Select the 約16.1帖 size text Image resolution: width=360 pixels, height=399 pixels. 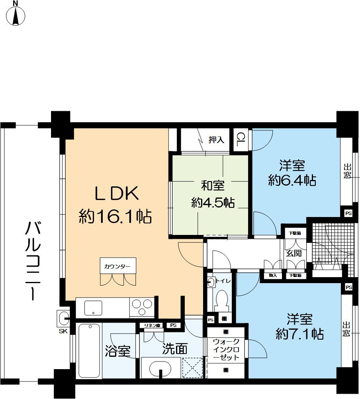coord(115,216)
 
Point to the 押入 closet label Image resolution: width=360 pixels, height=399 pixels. coord(217,140)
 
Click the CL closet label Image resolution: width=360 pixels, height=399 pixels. coord(240,139)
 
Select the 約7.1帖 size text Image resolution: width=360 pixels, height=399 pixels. coord(299,333)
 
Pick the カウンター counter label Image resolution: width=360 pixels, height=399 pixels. coord(117,266)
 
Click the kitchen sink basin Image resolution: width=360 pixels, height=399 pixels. coord(92,308)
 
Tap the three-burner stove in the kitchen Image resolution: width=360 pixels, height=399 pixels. coord(141,307)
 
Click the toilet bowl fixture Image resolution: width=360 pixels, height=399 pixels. coord(221,299)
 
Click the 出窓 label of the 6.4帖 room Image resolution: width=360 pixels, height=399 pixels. coord(348,171)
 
